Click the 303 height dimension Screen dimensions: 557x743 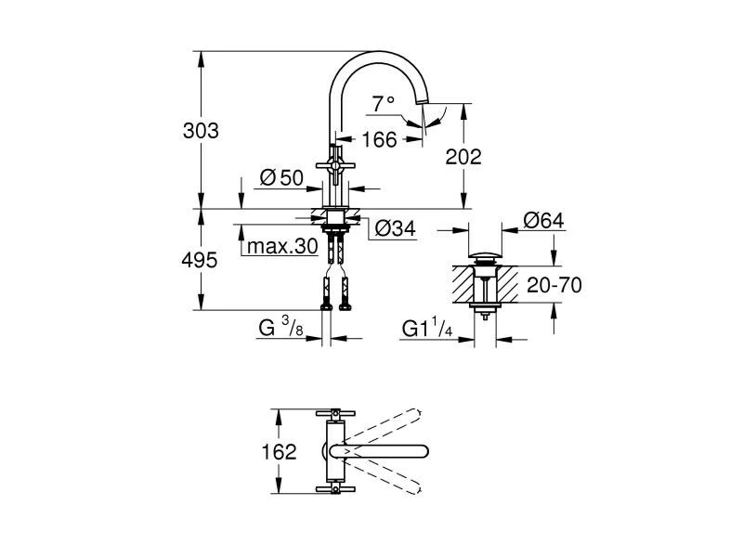(x=201, y=131)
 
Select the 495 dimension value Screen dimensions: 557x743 (x=200, y=260)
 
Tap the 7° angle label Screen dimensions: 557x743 (x=384, y=104)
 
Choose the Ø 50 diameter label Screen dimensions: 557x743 (x=282, y=178)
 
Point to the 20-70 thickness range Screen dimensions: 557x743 (x=554, y=285)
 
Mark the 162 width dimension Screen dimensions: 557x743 (x=279, y=452)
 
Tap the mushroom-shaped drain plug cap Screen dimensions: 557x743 (x=483, y=254)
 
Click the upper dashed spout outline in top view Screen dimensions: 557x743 (x=390, y=428)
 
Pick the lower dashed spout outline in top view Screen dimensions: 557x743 (x=390, y=475)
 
